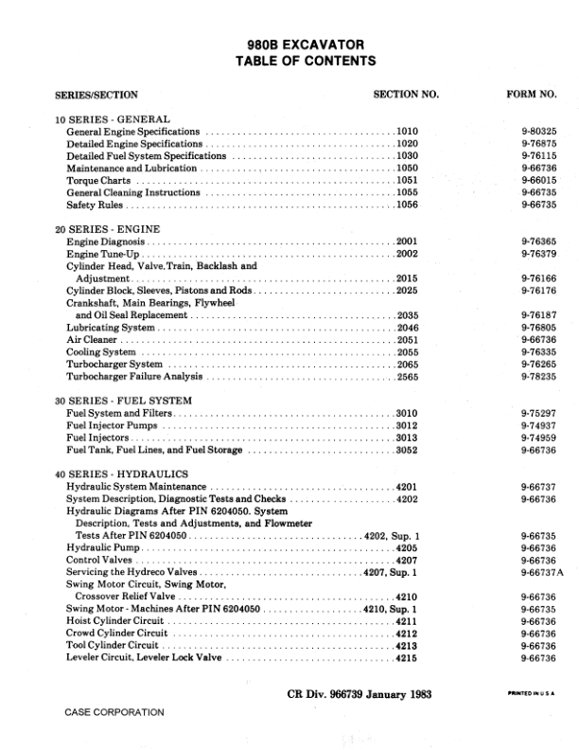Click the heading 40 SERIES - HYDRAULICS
pyautogui.click(x=112, y=473)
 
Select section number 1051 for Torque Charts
pyautogui.click(x=407, y=180)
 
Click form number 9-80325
pyautogui.click(x=538, y=132)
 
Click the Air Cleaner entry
pyautogui.click(x=91, y=339)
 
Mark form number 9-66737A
pyautogui.click(x=541, y=572)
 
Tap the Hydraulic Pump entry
pyautogui.click(x=101, y=547)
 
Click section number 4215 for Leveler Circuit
pyautogui.click(x=407, y=657)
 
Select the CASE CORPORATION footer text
pyautogui.click(x=114, y=711)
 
